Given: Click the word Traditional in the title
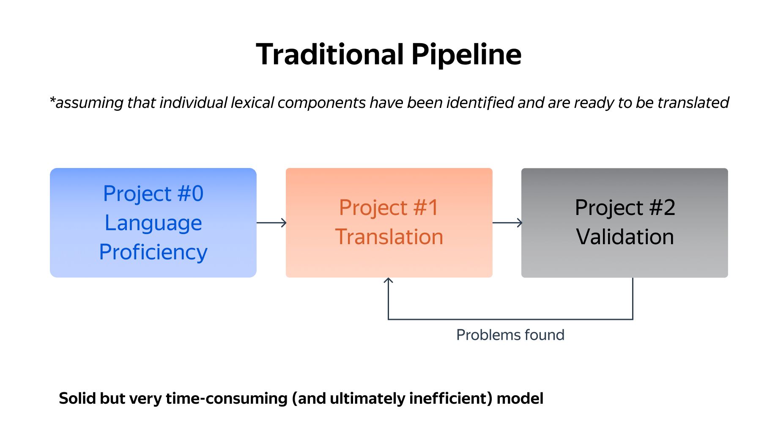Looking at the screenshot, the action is click(x=330, y=54).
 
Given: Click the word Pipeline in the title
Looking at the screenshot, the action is click(x=467, y=55).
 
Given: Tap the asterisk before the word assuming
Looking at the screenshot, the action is click(x=52, y=101).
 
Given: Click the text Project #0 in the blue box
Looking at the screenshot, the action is click(x=153, y=194).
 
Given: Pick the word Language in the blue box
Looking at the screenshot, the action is click(x=153, y=223).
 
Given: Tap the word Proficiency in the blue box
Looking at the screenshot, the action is click(x=153, y=253).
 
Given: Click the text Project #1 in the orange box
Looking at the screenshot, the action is click(x=389, y=208).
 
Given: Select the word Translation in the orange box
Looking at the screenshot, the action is click(x=389, y=237).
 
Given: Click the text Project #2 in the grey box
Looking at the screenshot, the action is click(x=625, y=208).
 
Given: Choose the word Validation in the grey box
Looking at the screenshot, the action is click(x=625, y=237).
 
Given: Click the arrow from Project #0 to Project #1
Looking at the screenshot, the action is click(x=271, y=223).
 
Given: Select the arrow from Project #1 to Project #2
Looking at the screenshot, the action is click(x=507, y=223).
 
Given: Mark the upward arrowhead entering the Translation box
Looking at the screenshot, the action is click(x=388, y=281).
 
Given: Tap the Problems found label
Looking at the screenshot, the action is click(x=510, y=335).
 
